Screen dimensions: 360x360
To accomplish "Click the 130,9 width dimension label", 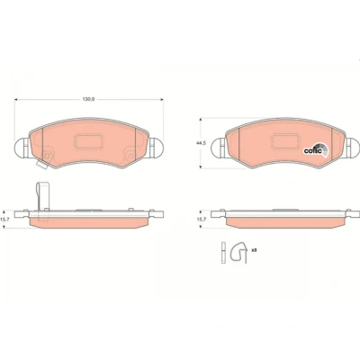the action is (x=88, y=100).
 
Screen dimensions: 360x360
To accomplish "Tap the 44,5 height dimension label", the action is (x=202, y=143).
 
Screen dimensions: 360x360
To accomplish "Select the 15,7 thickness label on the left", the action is (x=5, y=220).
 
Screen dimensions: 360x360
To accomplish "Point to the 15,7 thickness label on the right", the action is (x=201, y=220).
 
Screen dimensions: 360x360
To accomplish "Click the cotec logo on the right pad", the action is (x=316, y=149).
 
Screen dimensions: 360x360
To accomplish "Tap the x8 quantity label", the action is (x=254, y=249).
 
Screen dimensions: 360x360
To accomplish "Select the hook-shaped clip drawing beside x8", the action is (x=239, y=254).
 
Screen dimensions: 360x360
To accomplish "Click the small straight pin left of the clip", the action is (x=223, y=253).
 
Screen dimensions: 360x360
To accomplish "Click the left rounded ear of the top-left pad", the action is (x=22, y=148).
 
